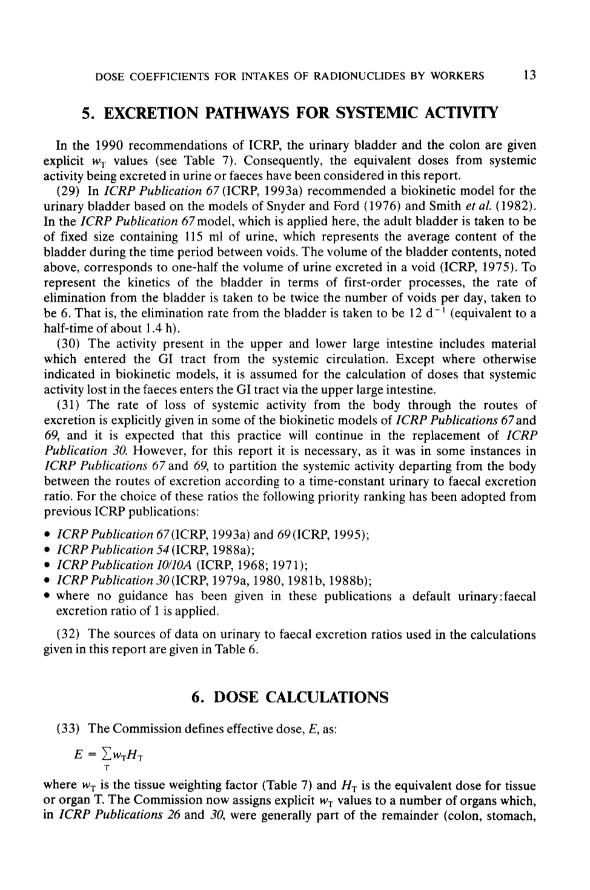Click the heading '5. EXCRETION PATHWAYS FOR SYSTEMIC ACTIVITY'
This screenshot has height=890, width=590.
pos(290,113)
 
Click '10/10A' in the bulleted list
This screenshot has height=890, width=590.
pos(171,565)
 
